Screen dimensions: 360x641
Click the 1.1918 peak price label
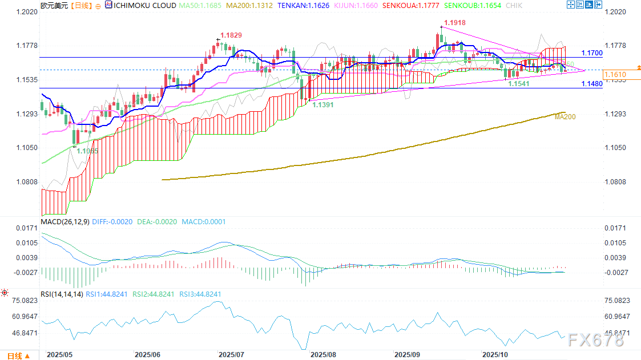(454, 22)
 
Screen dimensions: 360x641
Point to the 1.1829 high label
(231, 35)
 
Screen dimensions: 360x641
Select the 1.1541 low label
(519, 83)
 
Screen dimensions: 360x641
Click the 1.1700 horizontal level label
(592, 53)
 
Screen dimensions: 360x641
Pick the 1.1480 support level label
(592, 84)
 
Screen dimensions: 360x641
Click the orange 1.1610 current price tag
(615, 75)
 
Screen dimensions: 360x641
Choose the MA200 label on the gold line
(565, 116)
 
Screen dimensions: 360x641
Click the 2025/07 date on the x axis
(231, 354)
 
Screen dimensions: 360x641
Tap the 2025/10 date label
(495, 354)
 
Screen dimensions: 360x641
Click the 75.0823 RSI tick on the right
(617, 301)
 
